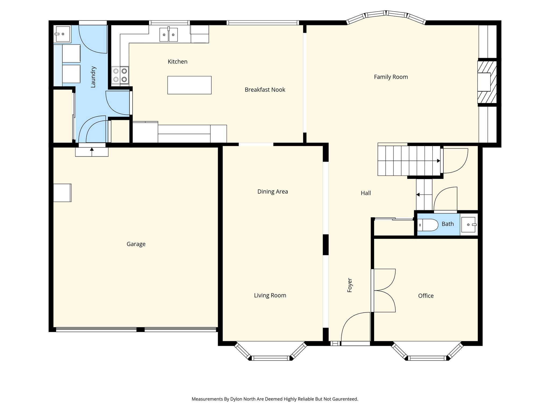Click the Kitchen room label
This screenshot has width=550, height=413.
pyautogui.click(x=178, y=62)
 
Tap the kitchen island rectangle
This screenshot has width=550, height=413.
pyautogui.click(x=189, y=85)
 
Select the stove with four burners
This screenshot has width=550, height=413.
pyautogui.click(x=120, y=75)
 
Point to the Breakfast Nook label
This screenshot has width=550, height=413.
pyautogui.click(x=265, y=90)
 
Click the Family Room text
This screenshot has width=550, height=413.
pyautogui.click(x=391, y=77)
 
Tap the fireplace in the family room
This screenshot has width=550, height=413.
pyautogui.click(x=487, y=82)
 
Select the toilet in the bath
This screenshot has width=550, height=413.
pyautogui.click(x=428, y=225)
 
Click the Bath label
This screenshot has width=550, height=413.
pyautogui.click(x=448, y=224)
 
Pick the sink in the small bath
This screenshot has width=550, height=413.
pyautogui.click(x=469, y=225)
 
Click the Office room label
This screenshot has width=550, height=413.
pyautogui.click(x=426, y=296)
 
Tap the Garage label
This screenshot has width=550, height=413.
pyautogui.click(x=136, y=244)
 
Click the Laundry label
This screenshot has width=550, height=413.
pyautogui.click(x=93, y=77)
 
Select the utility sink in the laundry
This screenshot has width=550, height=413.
pyautogui.click(x=62, y=34)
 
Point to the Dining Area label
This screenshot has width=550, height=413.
pyautogui.click(x=273, y=191)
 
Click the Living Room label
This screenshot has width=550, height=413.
pyautogui.click(x=270, y=295)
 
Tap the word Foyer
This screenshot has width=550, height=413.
pyautogui.click(x=350, y=285)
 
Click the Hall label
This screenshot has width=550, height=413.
pyautogui.click(x=366, y=193)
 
